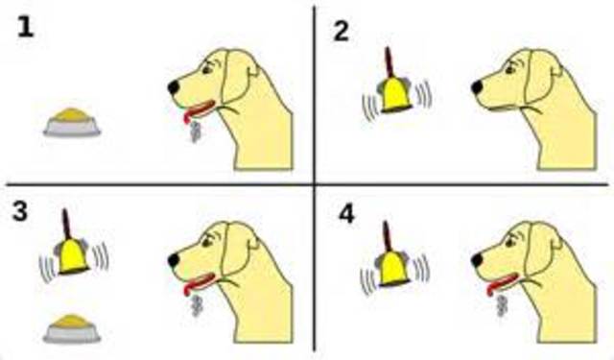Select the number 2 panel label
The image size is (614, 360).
point(342,32)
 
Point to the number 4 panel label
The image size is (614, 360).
point(348,213)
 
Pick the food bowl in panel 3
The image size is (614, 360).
point(71,326)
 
